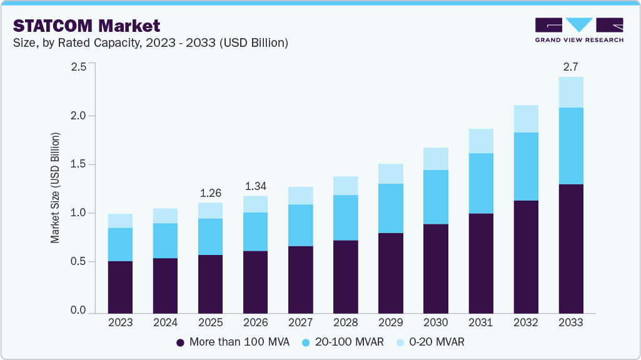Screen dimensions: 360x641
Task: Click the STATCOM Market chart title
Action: (87, 26)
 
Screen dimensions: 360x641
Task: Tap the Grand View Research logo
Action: (579, 30)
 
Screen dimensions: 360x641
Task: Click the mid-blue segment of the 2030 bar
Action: (435, 197)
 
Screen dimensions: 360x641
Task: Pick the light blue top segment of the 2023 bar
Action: (120, 221)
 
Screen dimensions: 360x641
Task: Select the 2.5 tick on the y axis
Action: (78, 67)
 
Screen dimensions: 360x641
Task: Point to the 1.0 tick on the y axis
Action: (78, 213)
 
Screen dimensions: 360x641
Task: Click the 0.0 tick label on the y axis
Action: (78, 311)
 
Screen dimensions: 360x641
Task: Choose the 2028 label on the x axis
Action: (345, 323)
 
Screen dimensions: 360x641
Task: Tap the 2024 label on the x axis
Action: (165, 323)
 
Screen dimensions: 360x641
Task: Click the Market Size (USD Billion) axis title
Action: (56, 187)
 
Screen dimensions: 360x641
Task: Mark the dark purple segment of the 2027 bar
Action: (300, 279)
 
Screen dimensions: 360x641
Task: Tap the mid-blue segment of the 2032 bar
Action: (526, 166)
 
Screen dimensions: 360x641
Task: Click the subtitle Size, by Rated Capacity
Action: (150, 43)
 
